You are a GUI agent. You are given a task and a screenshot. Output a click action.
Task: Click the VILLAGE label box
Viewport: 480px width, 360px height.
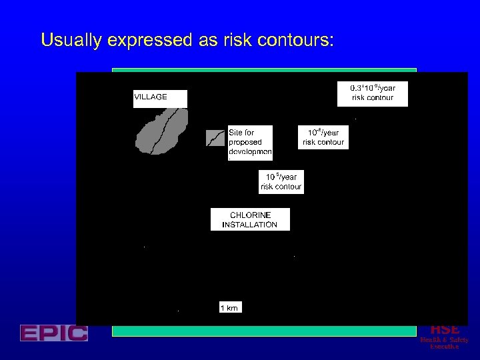[160, 98]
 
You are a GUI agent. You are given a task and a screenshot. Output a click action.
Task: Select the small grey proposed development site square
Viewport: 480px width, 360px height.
[215, 137]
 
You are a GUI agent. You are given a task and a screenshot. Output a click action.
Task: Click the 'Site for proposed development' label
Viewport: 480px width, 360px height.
[250, 142]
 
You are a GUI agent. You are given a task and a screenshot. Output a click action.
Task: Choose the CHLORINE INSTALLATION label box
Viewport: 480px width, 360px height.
[250, 219]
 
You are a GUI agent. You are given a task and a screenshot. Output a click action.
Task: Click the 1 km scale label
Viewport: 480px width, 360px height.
[229, 307]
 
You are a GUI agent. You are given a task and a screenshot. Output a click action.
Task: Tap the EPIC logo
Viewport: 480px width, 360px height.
[54, 333]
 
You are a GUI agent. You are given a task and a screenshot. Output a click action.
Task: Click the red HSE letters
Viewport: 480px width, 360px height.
[445, 329]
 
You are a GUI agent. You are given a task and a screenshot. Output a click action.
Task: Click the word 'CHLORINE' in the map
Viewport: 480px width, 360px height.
[250, 215]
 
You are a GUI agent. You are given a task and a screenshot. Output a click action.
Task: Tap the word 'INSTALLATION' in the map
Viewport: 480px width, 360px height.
[250, 225]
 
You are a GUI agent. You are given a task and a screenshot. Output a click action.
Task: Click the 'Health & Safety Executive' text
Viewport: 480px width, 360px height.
[444, 343]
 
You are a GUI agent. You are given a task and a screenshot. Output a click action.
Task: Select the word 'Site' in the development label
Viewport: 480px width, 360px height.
[237, 133]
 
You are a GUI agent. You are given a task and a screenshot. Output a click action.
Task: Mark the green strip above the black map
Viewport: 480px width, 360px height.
[264, 69]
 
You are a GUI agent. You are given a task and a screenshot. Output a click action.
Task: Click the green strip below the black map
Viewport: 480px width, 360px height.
[264, 331]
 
